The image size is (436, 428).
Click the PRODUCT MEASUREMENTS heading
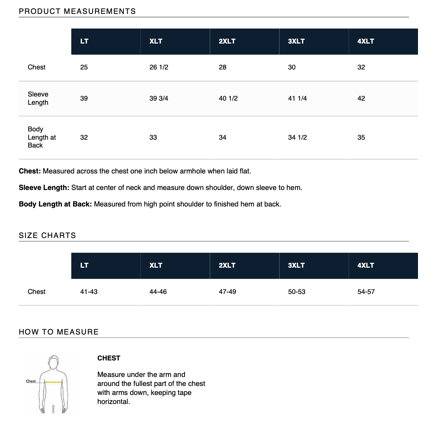tap(77, 11)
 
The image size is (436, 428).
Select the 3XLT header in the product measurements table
tap(296, 41)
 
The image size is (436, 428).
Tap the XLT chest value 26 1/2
tap(159, 67)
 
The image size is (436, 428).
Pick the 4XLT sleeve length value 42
tap(361, 98)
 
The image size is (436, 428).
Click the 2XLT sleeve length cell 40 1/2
tap(228, 98)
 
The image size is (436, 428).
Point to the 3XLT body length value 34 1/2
tap(297, 137)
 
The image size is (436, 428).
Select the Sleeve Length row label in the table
tap(38, 98)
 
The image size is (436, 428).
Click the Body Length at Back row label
tap(41, 137)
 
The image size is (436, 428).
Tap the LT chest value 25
tap(84, 67)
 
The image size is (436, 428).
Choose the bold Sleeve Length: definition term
tap(44, 188)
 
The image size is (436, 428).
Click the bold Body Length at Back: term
tap(55, 204)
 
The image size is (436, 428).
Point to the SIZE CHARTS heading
tap(47, 235)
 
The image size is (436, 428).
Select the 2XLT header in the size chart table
tap(227, 265)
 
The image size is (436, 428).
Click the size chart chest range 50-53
tap(296, 292)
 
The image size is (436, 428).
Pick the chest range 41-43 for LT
tap(89, 292)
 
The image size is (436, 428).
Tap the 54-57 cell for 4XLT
tap(366, 292)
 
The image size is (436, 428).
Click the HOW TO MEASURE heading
tap(59, 332)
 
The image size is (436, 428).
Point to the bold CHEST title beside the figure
tap(109, 358)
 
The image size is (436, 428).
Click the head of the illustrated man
tap(54, 362)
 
